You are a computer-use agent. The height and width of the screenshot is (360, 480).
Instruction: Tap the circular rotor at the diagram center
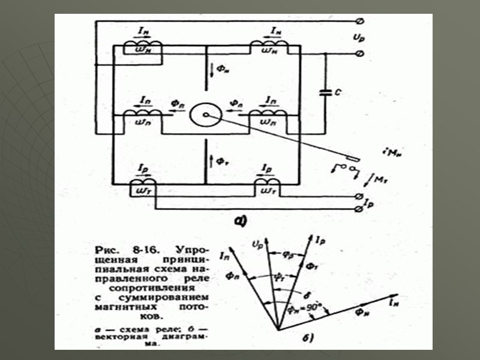205,115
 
